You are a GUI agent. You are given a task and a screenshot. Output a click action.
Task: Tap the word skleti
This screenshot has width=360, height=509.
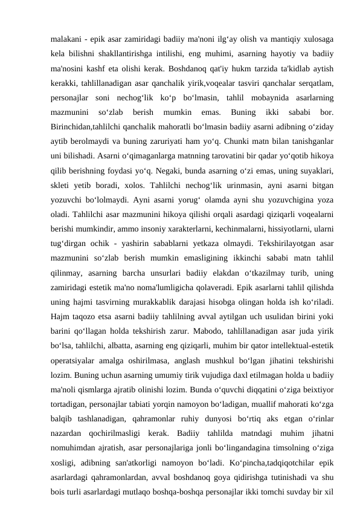[62, 193]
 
